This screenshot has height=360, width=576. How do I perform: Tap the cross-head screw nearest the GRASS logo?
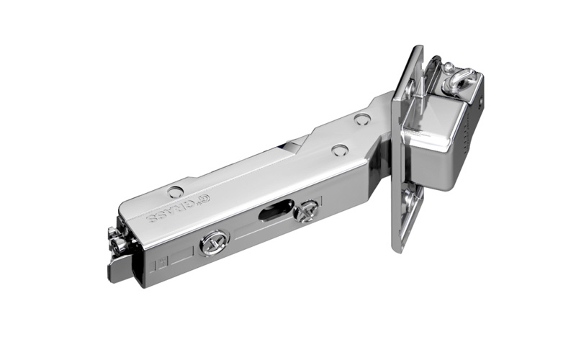tap(214, 242)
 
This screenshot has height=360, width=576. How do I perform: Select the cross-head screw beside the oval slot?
tap(308, 211)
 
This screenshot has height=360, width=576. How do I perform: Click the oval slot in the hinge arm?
tap(272, 212)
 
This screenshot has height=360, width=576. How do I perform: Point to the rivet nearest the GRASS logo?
tap(175, 192)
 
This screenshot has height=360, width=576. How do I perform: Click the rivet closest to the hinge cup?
tap(362, 120)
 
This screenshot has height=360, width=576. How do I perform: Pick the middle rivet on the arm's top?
tap(339, 150)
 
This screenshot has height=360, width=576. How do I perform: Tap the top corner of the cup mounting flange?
tap(417, 48)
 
